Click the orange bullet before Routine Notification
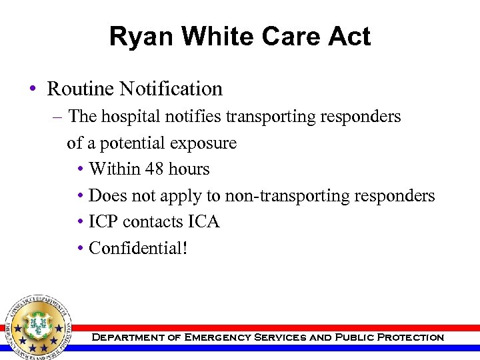[33, 89]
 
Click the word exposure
[203, 143]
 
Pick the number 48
[155, 169]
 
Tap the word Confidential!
[139, 249]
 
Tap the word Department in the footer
[127, 337]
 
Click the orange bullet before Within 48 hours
[80, 170]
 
